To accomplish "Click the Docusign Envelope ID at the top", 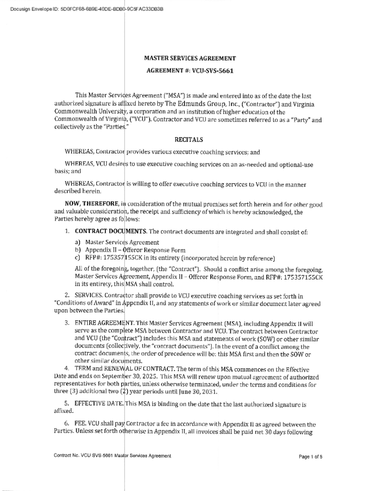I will point(86,9).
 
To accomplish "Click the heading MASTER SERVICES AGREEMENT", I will point(190,58).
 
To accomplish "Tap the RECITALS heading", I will point(189,140).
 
